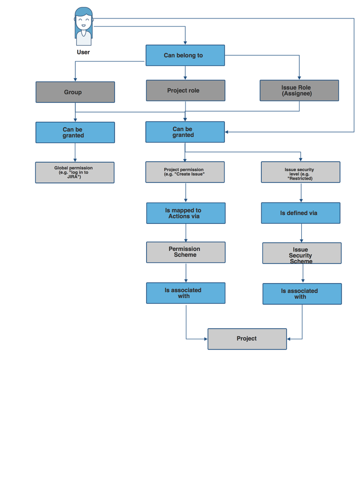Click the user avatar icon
83,26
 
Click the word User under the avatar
83,52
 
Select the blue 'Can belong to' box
185,55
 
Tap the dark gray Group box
75,92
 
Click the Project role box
185,91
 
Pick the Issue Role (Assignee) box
299,91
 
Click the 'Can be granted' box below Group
75,133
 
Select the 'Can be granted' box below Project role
185,132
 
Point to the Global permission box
75,172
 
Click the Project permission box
185,172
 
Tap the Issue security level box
300,172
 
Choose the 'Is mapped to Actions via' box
186,213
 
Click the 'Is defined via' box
300,213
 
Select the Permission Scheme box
186,252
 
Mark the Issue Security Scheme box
302,253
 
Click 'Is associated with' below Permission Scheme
186,293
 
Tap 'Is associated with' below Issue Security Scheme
302,294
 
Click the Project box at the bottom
247,339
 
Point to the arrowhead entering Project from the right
289,338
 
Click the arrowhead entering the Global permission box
75,160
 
